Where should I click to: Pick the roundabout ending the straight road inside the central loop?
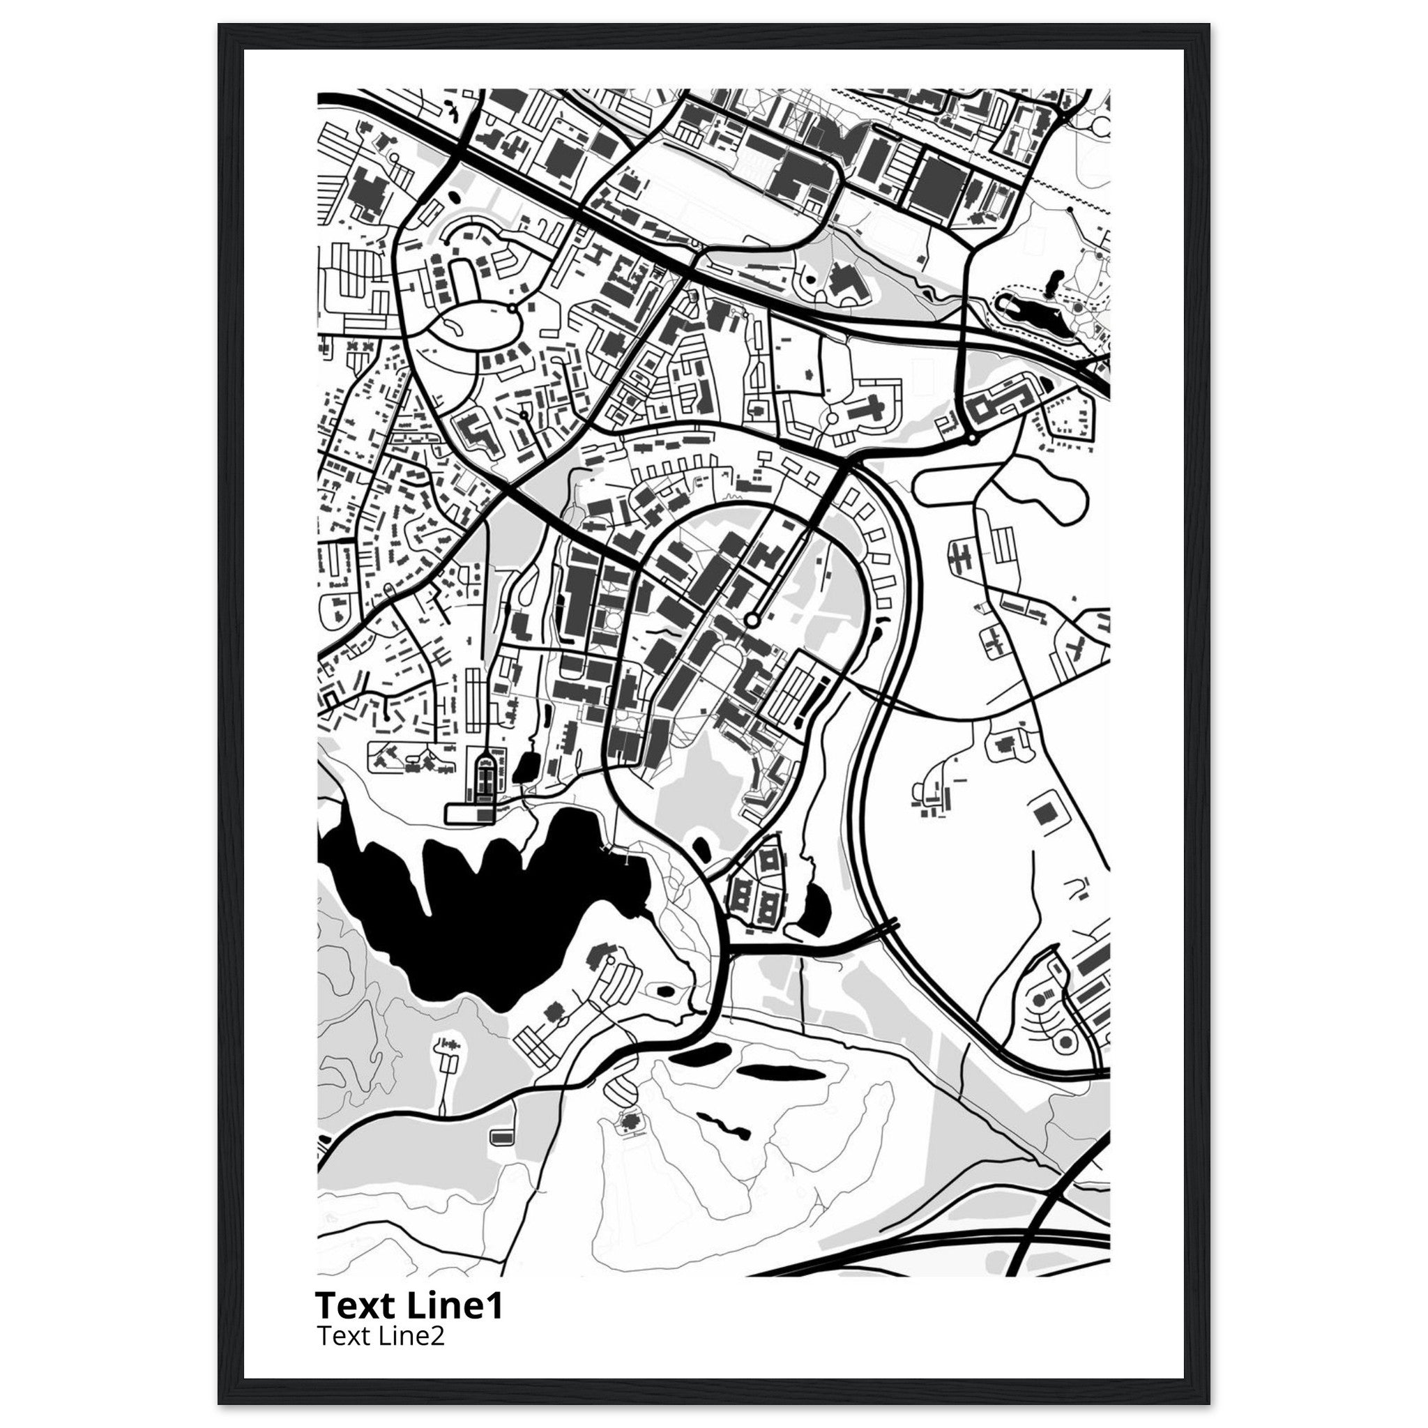[x=752, y=621]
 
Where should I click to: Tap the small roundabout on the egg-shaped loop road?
[x=512, y=307]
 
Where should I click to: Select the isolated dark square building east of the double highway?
[x=1045, y=814]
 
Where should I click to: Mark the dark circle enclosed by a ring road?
[x=1065, y=1042]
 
